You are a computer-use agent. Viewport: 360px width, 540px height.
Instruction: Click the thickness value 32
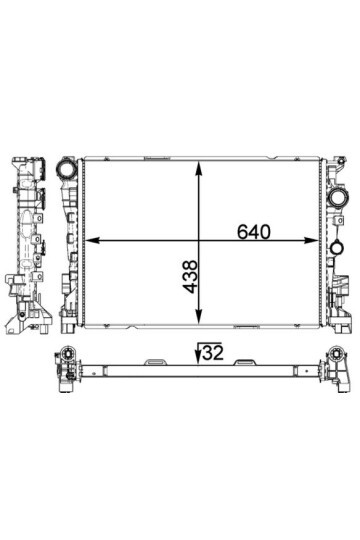coord(212,351)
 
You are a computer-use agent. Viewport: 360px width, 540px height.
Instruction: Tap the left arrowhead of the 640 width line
coord(92,240)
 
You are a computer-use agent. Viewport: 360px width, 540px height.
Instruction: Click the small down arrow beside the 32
coord(198,353)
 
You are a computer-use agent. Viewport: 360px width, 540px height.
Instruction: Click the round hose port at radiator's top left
coord(67,170)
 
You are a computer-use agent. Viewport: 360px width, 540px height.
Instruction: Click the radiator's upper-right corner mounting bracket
coord(330,162)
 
